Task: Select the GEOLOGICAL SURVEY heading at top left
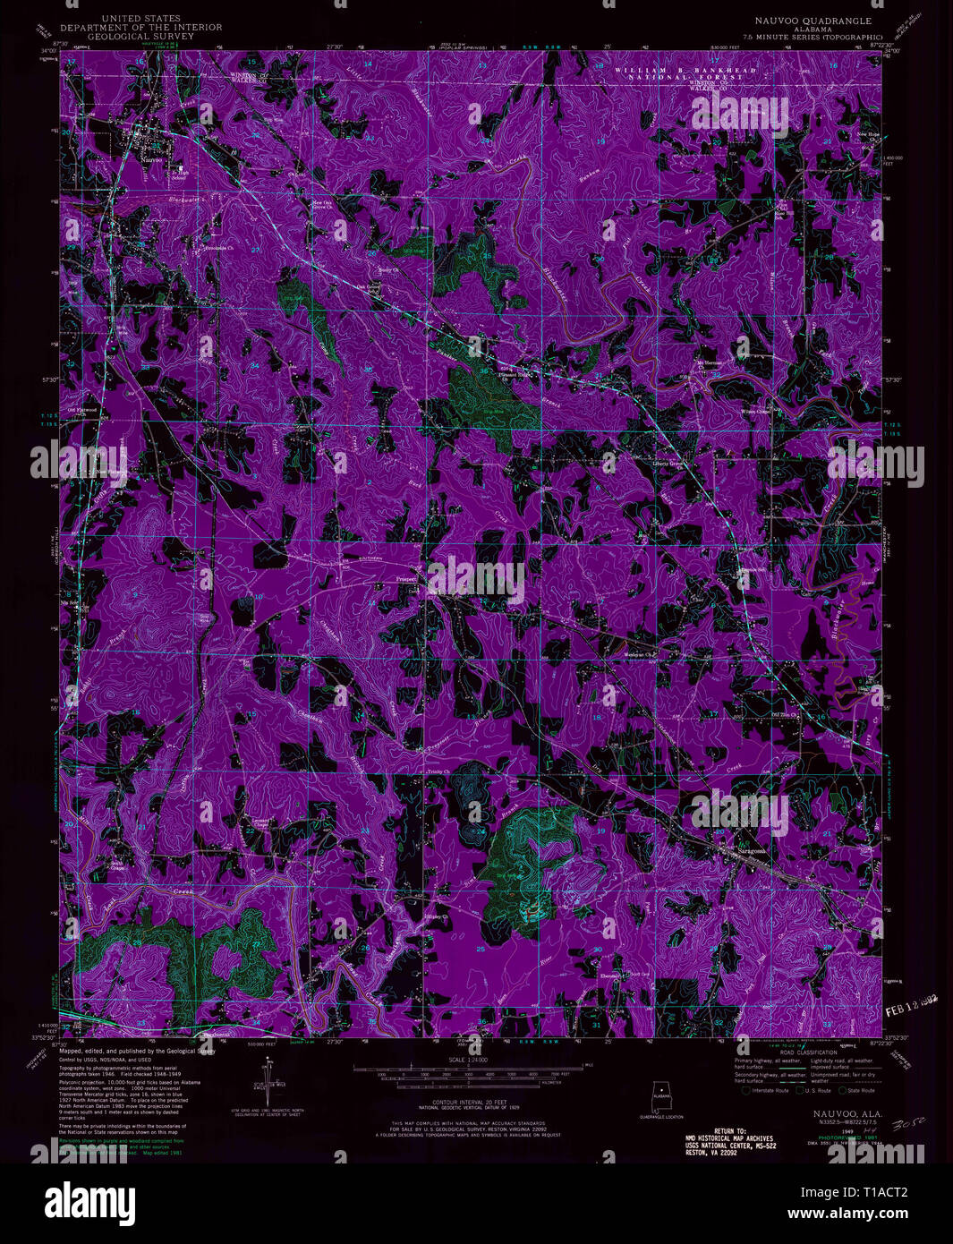point(140,37)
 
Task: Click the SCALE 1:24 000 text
point(475,1059)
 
